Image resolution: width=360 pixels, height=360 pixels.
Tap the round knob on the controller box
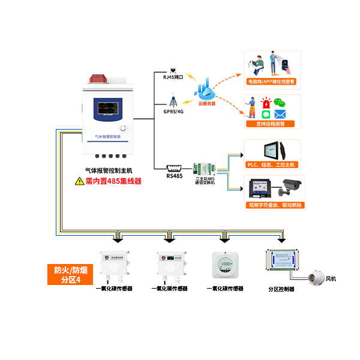(x=123, y=129)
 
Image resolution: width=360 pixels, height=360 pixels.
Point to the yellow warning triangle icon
(x=79, y=180)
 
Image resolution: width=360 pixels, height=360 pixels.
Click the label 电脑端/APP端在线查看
(x=271, y=81)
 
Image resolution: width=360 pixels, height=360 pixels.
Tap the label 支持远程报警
(x=270, y=124)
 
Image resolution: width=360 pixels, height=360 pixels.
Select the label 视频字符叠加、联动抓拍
(x=275, y=205)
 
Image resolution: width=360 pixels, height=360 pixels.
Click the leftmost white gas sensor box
(x=114, y=265)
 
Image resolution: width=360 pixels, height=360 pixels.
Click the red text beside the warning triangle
(x=114, y=180)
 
